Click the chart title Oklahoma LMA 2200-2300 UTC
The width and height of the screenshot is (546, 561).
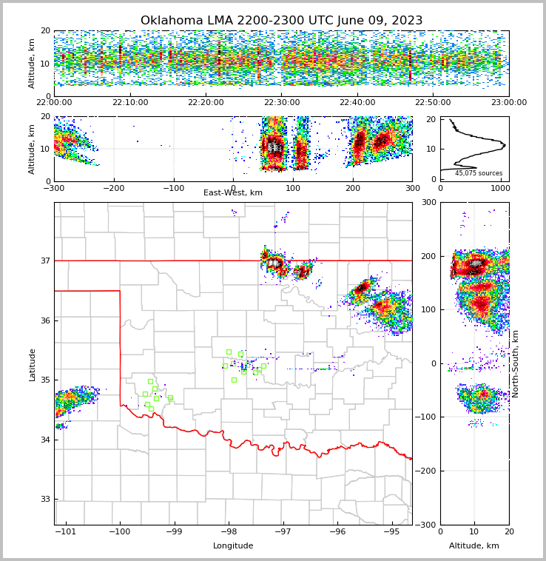(281, 21)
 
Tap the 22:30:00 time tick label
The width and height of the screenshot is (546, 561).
(281, 103)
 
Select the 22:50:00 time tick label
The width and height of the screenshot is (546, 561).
(433, 103)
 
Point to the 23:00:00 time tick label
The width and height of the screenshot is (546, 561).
(509, 103)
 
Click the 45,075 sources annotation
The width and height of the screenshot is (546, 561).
(479, 173)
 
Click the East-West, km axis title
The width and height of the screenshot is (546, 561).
(233, 193)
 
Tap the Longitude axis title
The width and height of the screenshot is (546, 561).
(233, 546)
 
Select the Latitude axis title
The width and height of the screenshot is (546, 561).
(32, 364)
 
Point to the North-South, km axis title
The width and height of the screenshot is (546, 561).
(516, 363)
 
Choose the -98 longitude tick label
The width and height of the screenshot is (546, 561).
(229, 532)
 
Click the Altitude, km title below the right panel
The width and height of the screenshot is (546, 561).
(474, 546)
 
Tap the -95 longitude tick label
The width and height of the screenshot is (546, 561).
(391, 532)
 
